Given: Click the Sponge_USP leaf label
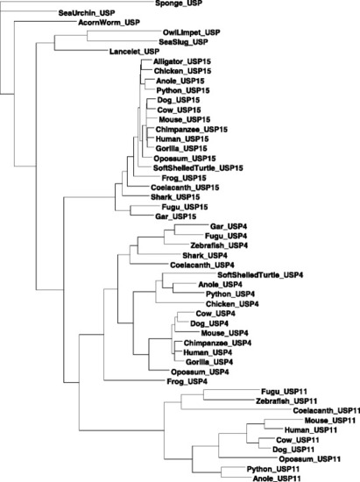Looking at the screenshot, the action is (x=179, y=4).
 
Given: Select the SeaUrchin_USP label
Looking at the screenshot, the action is (x=87, y=13).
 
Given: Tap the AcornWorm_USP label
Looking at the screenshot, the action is (x=109, y=23).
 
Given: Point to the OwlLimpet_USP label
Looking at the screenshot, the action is (x=191, y=32).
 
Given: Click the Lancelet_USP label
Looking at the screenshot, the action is (x=134, y=52).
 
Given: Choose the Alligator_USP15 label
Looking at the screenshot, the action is (x=182, y=61).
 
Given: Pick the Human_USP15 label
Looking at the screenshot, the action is (x=182, y=139).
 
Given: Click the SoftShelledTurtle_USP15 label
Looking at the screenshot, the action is (x=198, y=168).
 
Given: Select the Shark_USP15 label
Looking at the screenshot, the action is (x=175, y=197).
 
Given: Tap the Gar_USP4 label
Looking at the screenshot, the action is (x=229, y=227).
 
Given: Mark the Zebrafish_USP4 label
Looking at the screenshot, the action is (x=219, y=245).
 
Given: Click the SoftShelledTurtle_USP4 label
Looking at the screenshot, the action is (x=260, y=275).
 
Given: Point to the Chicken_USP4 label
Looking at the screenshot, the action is (x=232, y=304).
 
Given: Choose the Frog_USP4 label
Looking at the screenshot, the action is (x=187, y=382).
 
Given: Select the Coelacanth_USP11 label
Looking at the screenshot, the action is (x=326, y=411).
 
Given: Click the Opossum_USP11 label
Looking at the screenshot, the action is (x=309, y=459).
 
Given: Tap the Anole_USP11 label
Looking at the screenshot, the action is (x=277, y=478).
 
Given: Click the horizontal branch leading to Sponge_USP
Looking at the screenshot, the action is (x=77, y=2).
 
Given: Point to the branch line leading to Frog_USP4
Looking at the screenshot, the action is (x=135, y=380).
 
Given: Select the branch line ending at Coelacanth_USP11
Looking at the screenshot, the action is (x=236, y=409).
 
